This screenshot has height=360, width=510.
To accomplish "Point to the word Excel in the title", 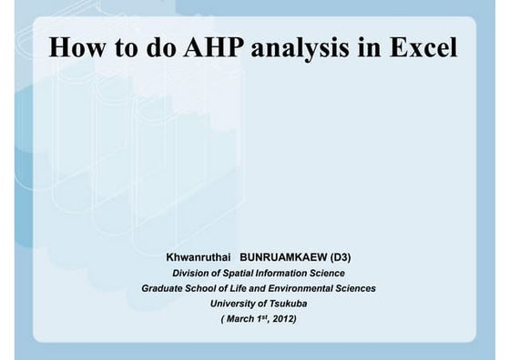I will coord(421,47).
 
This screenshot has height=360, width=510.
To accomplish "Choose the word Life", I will coord(248,288).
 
